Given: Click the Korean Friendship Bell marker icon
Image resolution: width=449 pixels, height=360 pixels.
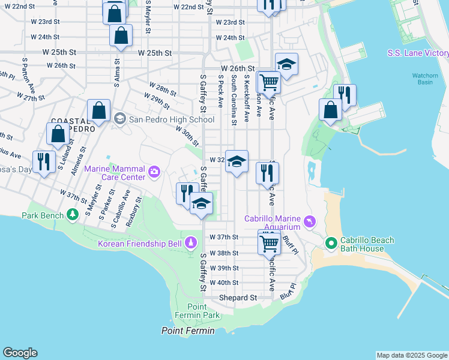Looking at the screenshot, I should pos(190,243).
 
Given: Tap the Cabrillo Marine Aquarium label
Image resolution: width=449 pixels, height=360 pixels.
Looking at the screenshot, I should pos(272,222).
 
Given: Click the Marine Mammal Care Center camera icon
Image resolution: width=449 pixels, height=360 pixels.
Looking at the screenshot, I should pos(155,173).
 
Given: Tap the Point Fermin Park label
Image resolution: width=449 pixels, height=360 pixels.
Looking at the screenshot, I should pos(197,311).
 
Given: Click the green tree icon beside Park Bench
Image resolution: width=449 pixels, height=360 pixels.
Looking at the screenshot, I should pos(72,214).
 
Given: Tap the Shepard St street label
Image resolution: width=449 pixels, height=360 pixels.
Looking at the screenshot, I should pos(238,298).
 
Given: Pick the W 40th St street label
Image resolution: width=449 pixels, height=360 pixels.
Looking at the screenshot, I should pos(224,283).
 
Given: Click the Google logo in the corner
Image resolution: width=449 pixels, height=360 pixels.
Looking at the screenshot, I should pos(20,353).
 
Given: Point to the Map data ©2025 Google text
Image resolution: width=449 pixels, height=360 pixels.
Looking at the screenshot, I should pos(412,355).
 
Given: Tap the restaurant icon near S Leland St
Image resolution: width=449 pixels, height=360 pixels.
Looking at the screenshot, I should pos(44,162).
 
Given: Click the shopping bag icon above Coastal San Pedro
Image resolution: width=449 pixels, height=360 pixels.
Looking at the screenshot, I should pos(98,112).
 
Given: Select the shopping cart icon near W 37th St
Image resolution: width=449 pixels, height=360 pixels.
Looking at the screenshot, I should pos(270,243).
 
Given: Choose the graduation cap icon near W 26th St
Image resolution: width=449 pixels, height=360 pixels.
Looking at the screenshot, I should pos(287,64).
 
